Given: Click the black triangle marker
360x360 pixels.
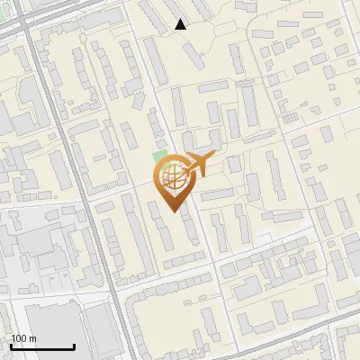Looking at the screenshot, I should (181, 25).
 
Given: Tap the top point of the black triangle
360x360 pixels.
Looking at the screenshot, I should (181, 20).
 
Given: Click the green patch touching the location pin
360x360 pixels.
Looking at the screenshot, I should (160, 158).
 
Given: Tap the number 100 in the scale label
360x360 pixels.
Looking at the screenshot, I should (18, 338).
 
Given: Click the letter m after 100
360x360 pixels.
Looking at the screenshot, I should (31, 338).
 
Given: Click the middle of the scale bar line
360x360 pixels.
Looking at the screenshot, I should (41, 347).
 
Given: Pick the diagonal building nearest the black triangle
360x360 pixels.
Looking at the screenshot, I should (193, 56).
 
